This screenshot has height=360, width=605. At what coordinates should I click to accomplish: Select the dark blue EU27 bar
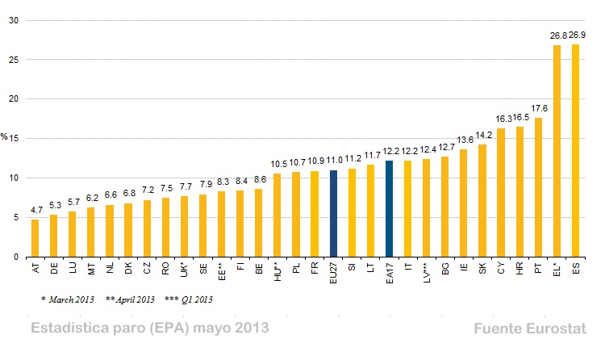pos(333,213)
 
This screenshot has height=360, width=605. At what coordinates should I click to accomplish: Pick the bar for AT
pos(35,238)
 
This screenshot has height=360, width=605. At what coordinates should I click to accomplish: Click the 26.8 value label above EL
pos(557,36)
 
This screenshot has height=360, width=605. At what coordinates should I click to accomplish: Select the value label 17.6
pos(539,108)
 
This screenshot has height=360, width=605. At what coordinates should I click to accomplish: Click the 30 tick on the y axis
pos(14,20)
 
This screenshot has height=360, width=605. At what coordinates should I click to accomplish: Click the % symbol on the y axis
pos(5,138)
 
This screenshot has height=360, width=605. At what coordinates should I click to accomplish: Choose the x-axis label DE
pos(53,267)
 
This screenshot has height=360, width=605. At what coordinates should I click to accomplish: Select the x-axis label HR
pos(520,267)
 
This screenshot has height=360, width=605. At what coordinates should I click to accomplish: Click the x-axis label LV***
pos(427,271)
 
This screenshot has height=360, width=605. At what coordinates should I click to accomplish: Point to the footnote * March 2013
pos(68,299)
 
